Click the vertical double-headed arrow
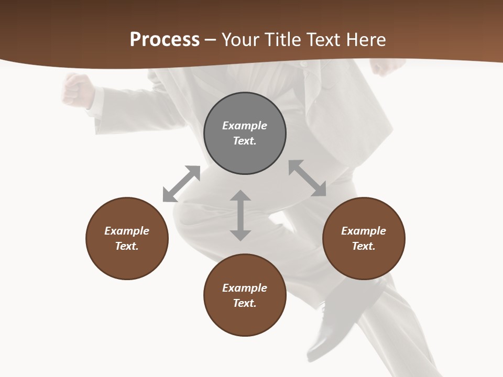[x=240, y=215]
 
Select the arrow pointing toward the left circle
[x=181, y=184]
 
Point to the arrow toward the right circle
[x=307, y=178]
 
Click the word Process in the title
[x=165, y=39]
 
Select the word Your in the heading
[x=240, y=39]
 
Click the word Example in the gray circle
[x=245, y=126]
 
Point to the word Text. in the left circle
[x=127, y=246]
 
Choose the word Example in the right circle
[x=364, y=231]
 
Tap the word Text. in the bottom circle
[x=245, y=303]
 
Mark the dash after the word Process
[x=211, y=40]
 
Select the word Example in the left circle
[x=127, y=231]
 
